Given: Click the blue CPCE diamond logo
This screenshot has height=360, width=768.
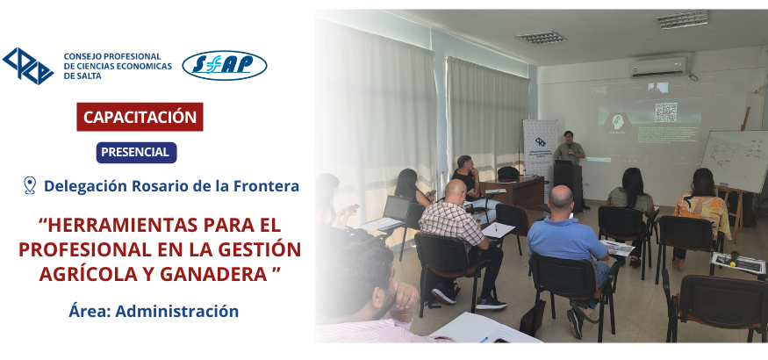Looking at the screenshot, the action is (x=28, y=66).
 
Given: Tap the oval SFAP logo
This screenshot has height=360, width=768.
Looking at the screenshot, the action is (x=225, y=65).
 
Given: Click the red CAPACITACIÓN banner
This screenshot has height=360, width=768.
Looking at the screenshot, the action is (x=140, y=117).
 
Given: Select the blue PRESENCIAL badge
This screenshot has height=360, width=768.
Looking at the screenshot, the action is (x=136, y=152).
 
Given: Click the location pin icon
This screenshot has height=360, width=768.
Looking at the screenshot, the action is (x=30, y=185).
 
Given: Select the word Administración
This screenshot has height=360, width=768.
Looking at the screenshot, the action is (x=176, y=311).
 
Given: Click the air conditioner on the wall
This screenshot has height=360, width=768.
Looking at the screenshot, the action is (x=658, y=67).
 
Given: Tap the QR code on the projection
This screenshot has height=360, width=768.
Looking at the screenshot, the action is (x=665, y=112).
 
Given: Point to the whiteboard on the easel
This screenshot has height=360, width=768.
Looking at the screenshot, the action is (x=736, y=160).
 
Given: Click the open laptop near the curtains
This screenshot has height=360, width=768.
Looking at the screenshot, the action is (x=391, y=213).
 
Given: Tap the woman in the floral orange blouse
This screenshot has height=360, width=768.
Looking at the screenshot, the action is (x=701, y=211).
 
